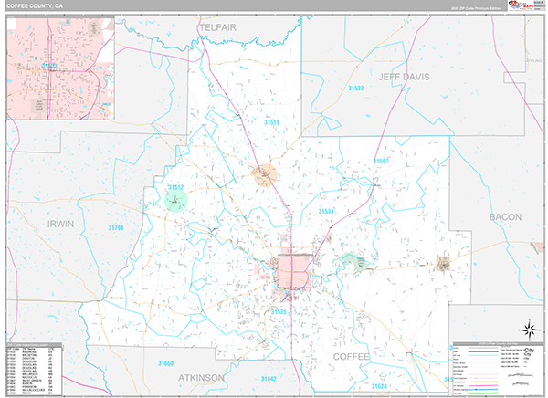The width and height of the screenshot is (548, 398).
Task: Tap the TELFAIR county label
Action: coord(222,30)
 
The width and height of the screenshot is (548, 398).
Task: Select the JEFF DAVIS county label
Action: coord(402,78)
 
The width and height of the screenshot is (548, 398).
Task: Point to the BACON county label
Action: coord(504,216)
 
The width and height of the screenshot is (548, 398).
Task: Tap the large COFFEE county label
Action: coord(353,355)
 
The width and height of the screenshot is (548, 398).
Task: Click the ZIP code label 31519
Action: coord(272,121)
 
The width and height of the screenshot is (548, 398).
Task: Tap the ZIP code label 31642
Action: coord(269,377)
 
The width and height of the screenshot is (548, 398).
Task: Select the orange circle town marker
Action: coord(265,172)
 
